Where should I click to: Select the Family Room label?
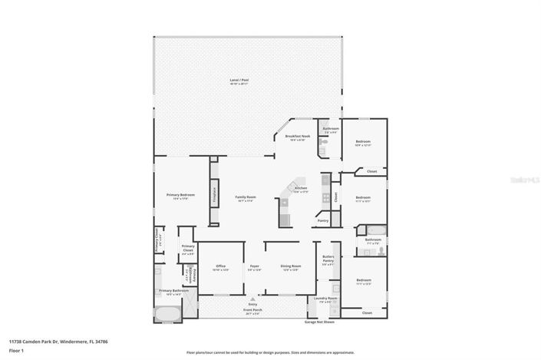(245, 197)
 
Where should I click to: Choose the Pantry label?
(323, 220)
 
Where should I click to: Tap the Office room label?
(220, 266)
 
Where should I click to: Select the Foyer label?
(254, 266)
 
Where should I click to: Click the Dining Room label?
(291, 266)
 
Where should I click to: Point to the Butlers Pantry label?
(328, 260)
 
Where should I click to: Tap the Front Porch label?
(252, 311)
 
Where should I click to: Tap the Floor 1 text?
(16, 350)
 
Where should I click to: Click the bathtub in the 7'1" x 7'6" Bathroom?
(375, 230)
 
